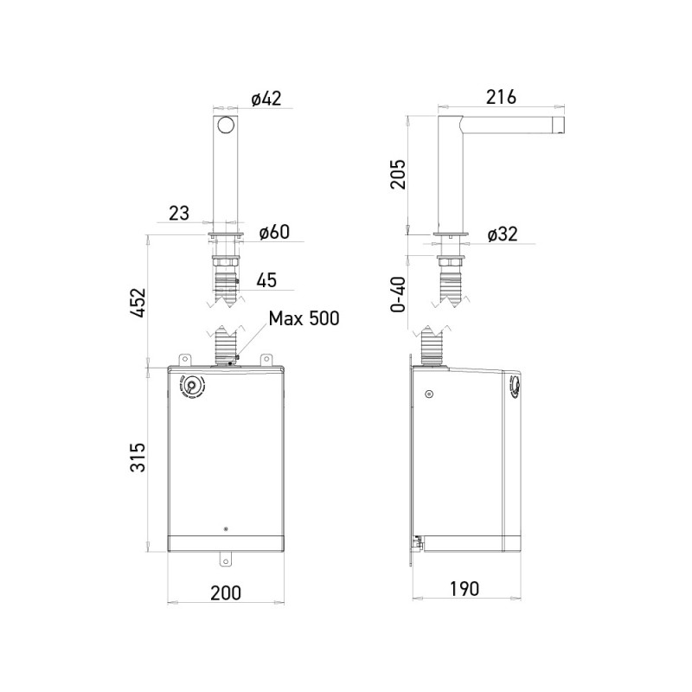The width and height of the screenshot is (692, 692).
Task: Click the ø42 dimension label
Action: pos(266,99)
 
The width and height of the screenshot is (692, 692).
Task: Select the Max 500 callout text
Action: pos(303,317)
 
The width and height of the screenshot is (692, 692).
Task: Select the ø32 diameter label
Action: pos(503,234)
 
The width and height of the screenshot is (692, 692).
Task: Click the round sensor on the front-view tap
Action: pos(226,125)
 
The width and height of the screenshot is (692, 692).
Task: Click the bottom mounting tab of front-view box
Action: pos(226,560)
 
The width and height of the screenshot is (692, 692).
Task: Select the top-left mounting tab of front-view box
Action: pos(184,359)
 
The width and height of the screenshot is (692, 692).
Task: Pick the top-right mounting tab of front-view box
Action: pos(267,359)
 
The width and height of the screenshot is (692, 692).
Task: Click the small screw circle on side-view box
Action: pos(428,394)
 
